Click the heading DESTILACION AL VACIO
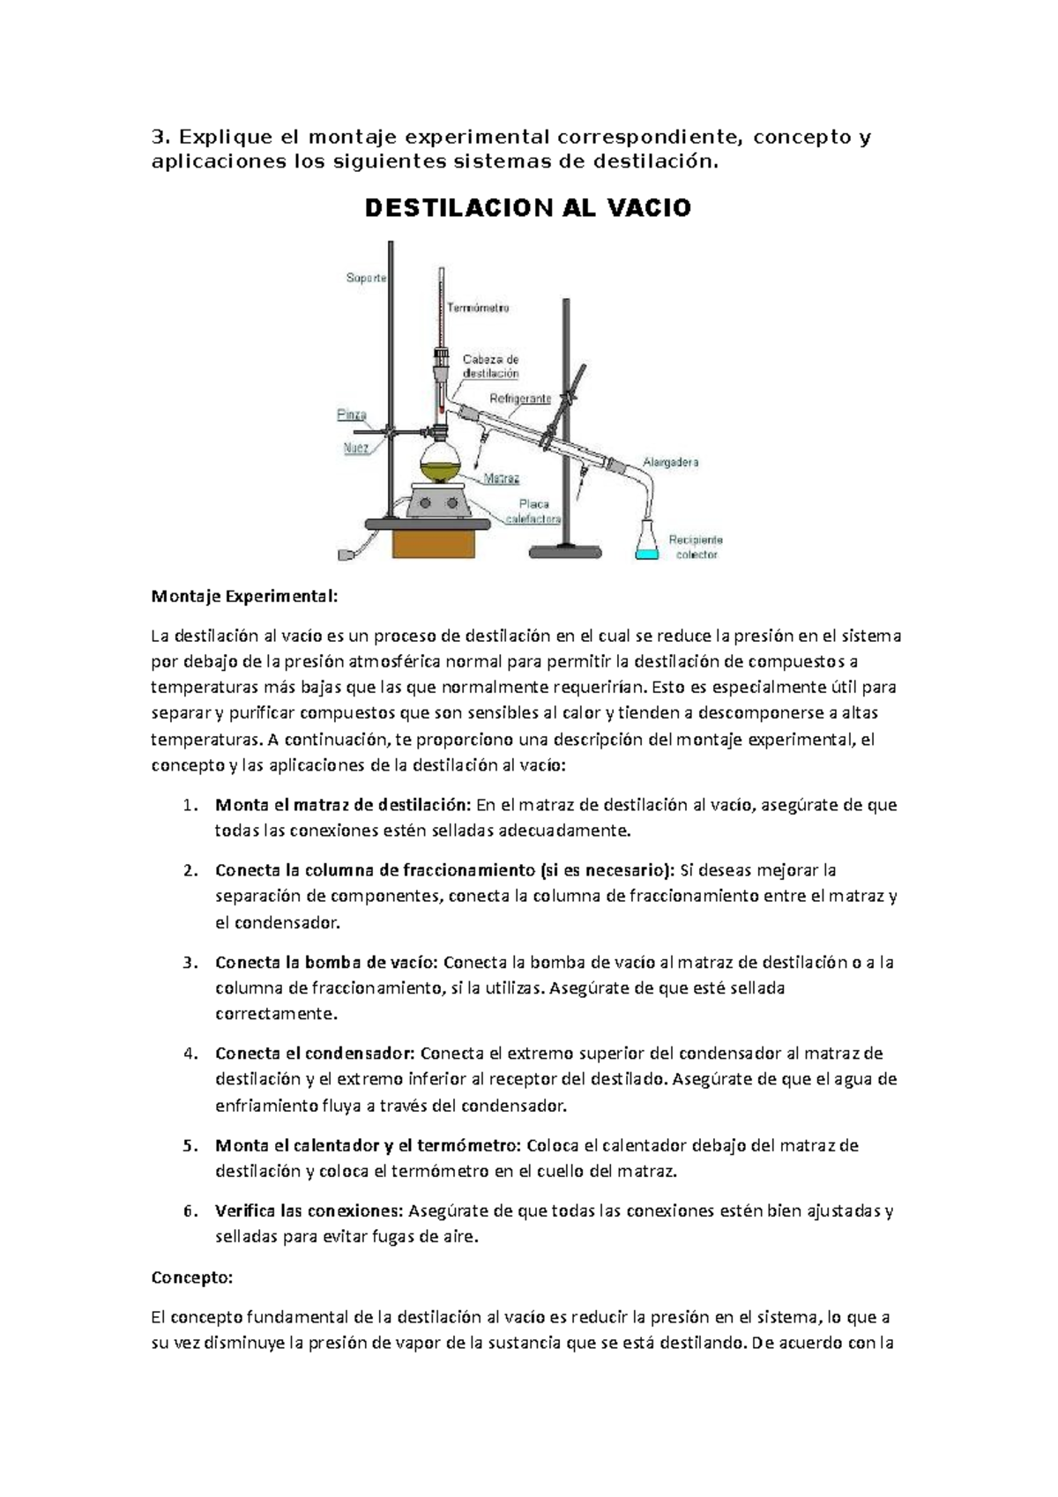(527, 208)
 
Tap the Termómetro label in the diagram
(478, 308)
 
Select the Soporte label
(366, 278)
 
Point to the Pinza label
(351, 414)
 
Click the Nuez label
(356, 449)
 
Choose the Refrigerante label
(521, 398)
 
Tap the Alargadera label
(671, 462)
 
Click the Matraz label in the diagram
(502, 479)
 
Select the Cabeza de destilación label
(491, 366)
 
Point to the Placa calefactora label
(533, 511)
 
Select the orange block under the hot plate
(434, 537)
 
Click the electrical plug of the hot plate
(347, 554)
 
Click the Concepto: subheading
(192, 1277)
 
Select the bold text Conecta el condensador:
(316, 1054)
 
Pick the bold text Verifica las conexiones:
(309, 1211)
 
